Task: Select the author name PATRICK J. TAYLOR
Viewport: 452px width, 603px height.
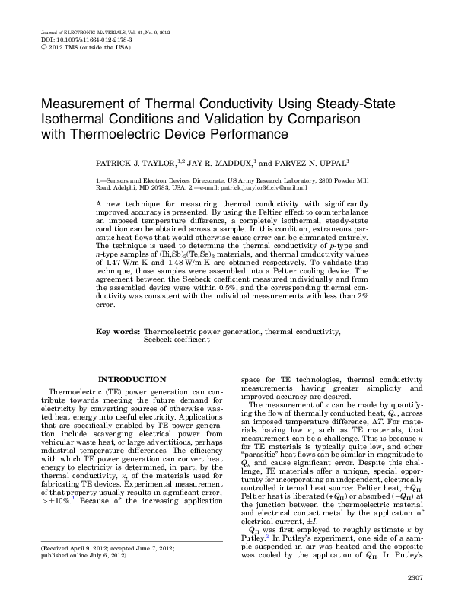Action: (x=135, y=163)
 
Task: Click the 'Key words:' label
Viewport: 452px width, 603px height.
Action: (x=117, y=353)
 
